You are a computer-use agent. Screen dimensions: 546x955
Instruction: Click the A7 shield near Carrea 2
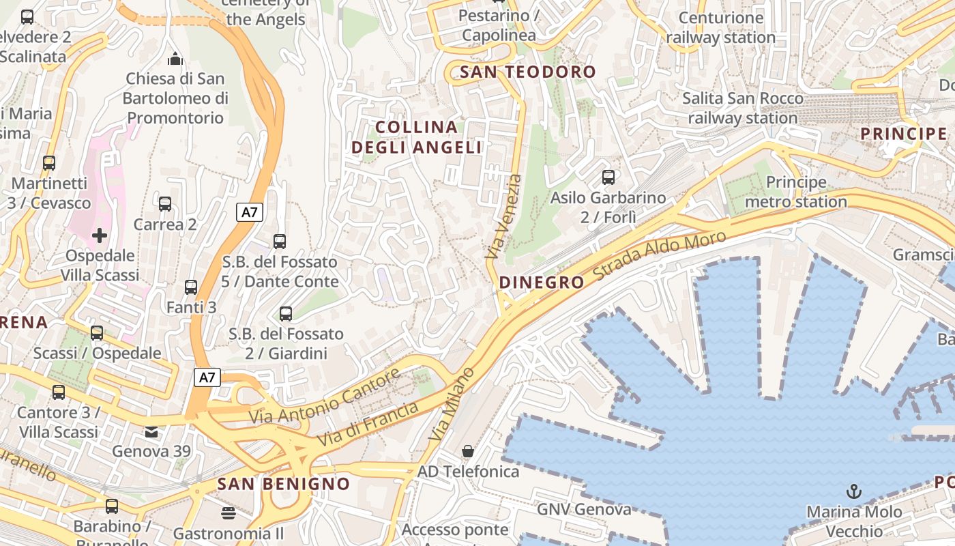(x=250, y=212)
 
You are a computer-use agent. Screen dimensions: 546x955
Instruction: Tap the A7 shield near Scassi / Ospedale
(x=208, y=377)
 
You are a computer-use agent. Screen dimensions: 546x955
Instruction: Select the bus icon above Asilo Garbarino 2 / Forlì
(x=608, y=177)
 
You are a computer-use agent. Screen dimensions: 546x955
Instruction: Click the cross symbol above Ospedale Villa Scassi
(x=100, y=235)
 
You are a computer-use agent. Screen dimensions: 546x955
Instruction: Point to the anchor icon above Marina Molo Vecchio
(x=853, y=491)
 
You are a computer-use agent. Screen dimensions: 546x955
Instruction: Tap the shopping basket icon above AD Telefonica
(x=468, y=451)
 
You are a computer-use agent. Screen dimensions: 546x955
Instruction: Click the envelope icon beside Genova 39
(x=151, y=431)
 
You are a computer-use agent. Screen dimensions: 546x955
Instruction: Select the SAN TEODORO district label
(x=528, y=72)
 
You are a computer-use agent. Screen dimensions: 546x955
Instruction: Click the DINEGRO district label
(x=542, y=282)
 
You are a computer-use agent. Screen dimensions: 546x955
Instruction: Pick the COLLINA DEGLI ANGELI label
(x=417, y=137)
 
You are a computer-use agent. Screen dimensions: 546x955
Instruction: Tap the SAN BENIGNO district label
(x=283, y=484)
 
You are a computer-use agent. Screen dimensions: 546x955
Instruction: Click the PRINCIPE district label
(x=904, y=133)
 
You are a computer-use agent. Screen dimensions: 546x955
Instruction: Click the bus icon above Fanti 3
(x=191, y=287)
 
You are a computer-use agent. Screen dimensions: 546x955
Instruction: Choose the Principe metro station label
(x=796, y=192)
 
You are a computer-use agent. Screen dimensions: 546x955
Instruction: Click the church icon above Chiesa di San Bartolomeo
(x=176, y=59)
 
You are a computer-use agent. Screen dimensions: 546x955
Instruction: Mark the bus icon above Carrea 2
(x=165, y=203)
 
